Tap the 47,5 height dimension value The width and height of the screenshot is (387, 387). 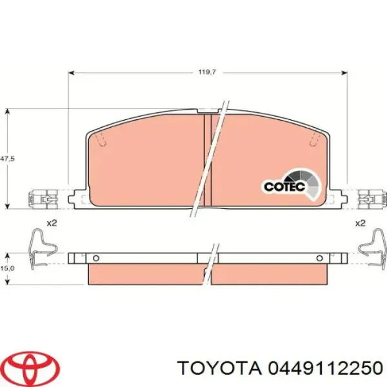[7, 159]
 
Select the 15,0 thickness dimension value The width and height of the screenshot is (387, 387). [7, 268]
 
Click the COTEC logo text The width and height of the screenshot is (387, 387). [284, 186]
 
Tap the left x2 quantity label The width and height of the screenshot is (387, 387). [52, 223]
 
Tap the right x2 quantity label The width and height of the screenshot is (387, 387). [360, 223]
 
